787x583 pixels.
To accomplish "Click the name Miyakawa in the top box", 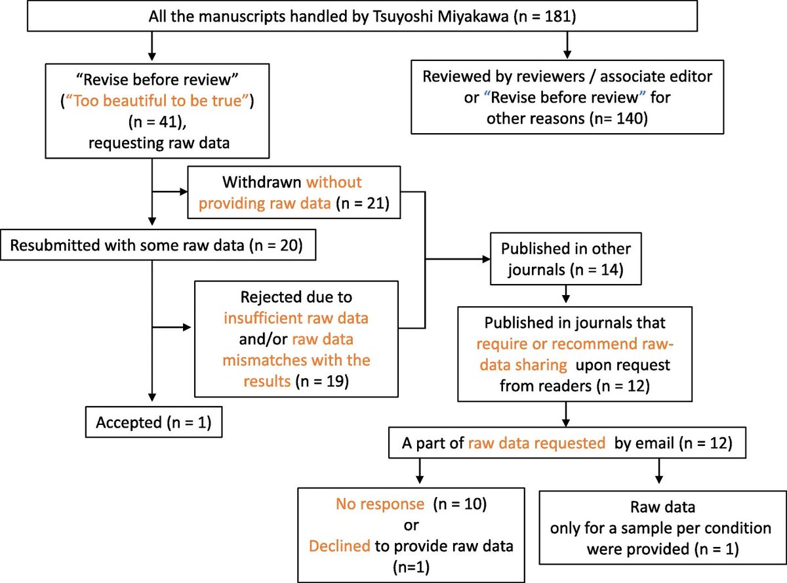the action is click(x=473, y=16).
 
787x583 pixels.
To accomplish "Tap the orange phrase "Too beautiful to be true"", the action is click(x=157, y=101).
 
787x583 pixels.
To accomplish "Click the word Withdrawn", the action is click(x=262, y=182).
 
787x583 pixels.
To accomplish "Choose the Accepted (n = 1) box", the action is click(x=153, y=422).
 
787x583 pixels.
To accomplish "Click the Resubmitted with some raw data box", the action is click(x=158, y=245).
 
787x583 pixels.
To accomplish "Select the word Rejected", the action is click(x=270, y=297).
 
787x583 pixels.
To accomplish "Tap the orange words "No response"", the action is click(x=380, y=504).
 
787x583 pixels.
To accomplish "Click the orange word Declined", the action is click(x=340, y=546).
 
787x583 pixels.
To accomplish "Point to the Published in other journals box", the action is click(x=566, y=258).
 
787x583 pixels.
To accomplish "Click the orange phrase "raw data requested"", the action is click(x=537, y=443).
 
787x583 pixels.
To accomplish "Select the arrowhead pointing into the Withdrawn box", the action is click(x=184, y=192).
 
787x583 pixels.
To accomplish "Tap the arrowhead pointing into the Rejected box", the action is click(x=187, y=327).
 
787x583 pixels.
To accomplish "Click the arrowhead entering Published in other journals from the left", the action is click(x=487, y=259).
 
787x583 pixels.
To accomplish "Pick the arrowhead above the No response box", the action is click(x=420, y=480).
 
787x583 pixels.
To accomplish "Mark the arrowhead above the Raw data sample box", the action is click(x=659, y=480).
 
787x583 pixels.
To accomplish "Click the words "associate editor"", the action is click(x=656, y=77).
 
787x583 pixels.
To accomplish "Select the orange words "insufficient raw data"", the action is click(x=296, y=318).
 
